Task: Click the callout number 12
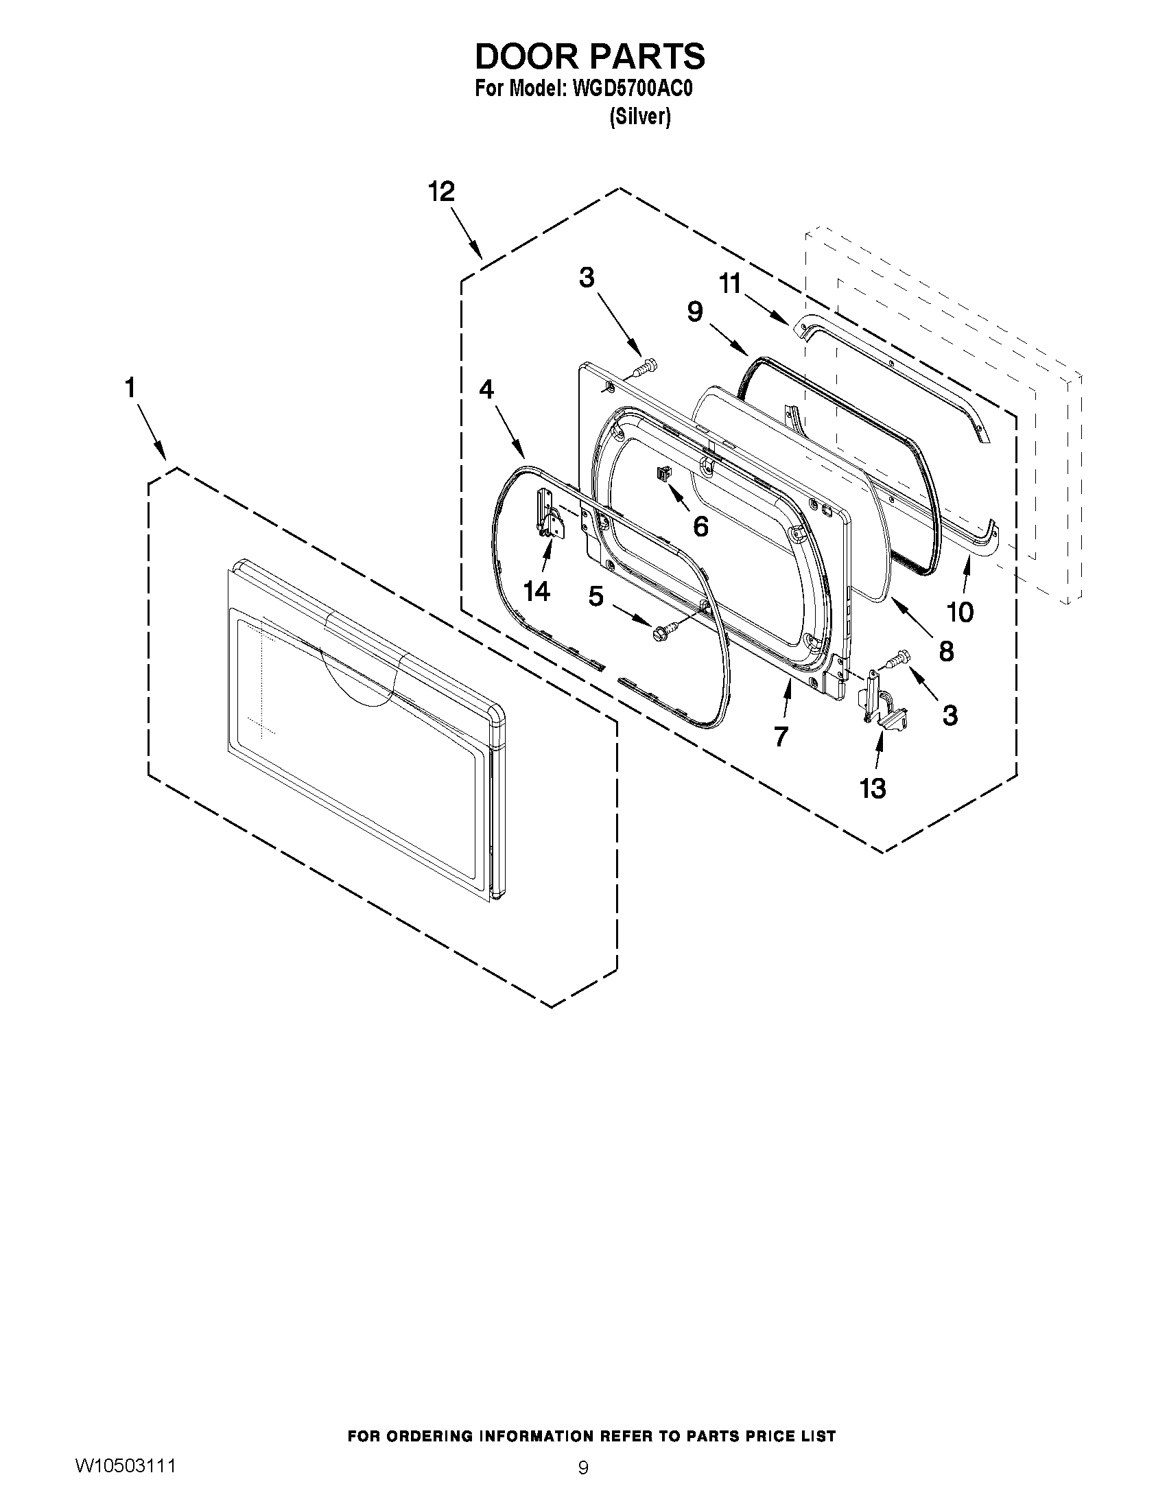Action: [441, 191]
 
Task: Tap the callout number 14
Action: [537, 591]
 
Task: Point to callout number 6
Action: [700, 527]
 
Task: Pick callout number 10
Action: [960, 611]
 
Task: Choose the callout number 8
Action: [946, 650]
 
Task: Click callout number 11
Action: [730, 283]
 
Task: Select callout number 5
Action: [596, 596]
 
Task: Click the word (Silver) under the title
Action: [639, 117]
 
